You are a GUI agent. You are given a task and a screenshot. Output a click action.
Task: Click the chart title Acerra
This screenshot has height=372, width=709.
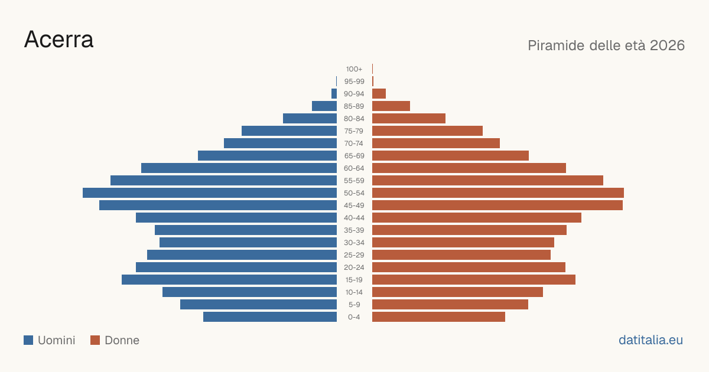59,40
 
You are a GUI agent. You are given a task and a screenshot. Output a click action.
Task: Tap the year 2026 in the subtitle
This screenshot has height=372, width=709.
667,45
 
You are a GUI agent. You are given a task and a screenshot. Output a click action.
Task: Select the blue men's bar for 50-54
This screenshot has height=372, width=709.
210,193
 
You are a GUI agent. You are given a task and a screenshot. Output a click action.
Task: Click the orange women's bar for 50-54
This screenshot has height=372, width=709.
498,193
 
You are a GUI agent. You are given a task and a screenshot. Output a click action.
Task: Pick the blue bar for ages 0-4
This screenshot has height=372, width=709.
270,317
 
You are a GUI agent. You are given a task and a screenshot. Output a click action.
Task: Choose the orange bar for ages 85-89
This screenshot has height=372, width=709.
391,106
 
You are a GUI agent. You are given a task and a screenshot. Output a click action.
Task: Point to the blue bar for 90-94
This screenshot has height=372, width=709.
334,94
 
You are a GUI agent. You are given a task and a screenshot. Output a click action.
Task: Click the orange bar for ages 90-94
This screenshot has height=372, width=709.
379,94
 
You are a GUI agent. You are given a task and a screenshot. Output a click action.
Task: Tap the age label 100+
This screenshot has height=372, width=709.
354,69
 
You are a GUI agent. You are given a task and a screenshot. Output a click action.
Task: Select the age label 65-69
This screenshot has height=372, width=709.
354,156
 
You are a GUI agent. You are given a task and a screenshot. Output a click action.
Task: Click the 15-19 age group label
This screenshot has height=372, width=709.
354,280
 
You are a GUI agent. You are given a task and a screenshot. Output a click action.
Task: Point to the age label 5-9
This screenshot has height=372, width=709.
354,305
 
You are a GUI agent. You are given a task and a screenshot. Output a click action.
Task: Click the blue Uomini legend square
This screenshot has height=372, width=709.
28,340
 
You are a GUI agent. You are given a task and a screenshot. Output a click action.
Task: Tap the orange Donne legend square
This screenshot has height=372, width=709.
95,340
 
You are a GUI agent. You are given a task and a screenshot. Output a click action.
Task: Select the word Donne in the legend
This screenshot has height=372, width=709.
122,340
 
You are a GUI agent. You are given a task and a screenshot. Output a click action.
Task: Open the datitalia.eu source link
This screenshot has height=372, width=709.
651,340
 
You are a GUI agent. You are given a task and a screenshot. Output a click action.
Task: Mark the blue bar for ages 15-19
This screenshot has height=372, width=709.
229,280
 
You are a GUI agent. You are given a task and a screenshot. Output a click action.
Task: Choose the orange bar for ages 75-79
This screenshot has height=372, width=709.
427,131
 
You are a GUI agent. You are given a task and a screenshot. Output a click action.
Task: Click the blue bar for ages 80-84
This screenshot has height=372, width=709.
310,119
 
